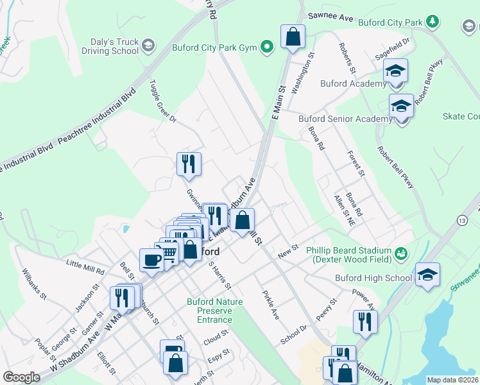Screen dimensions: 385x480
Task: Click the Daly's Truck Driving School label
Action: [107, 46]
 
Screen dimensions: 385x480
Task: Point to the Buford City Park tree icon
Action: [433, 22]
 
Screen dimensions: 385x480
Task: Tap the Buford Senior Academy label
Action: [345, 119]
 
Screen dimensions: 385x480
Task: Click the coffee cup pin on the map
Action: [151, 260]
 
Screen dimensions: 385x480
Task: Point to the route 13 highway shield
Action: [461, 220]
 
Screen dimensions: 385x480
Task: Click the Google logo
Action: [21, 377]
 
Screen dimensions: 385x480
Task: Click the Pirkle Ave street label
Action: [271, 305]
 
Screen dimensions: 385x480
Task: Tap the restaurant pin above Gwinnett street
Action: [189, 164]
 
